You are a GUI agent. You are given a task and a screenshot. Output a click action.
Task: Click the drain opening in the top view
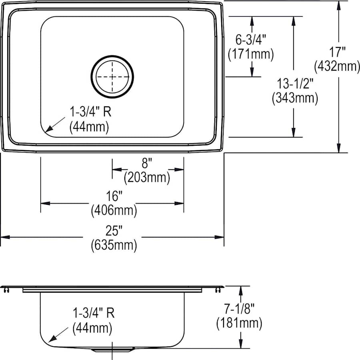[112, 76]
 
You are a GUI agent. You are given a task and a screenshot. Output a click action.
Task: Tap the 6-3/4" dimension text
[251, 40]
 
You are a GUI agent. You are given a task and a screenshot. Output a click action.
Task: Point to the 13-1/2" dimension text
[294, 84]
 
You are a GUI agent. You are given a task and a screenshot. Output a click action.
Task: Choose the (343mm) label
[294, 98]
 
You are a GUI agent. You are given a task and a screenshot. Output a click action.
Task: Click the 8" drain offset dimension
[147, 163]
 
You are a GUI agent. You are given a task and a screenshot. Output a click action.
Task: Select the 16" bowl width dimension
[114, 196]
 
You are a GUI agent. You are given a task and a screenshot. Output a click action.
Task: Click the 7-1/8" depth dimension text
[240, 308]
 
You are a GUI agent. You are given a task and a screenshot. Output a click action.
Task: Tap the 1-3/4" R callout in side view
[94, 313]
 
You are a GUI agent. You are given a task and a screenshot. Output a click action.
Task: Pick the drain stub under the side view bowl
[112, 350]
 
